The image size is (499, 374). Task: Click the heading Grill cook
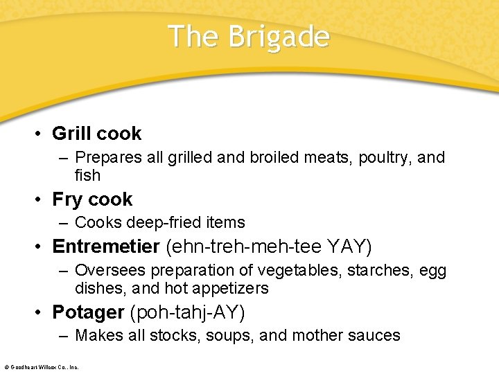point(96,134)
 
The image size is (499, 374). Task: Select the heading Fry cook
point(92,199)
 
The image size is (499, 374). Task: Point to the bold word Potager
point(88,312)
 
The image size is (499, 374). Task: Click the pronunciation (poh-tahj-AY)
point(187,312)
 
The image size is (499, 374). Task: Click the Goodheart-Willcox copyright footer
point(42,366)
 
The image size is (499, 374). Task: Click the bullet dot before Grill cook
point(42,134)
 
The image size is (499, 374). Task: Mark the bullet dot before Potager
point(42,313)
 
